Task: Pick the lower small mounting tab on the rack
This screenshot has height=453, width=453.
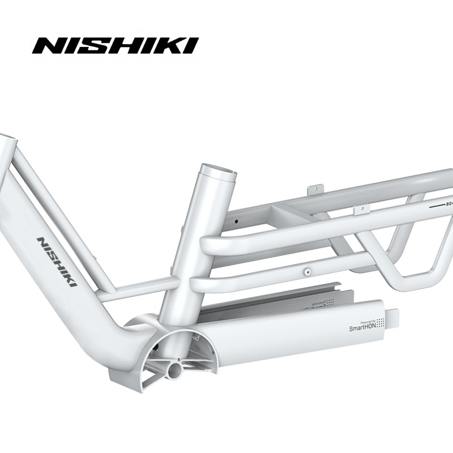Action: (358, 210)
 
